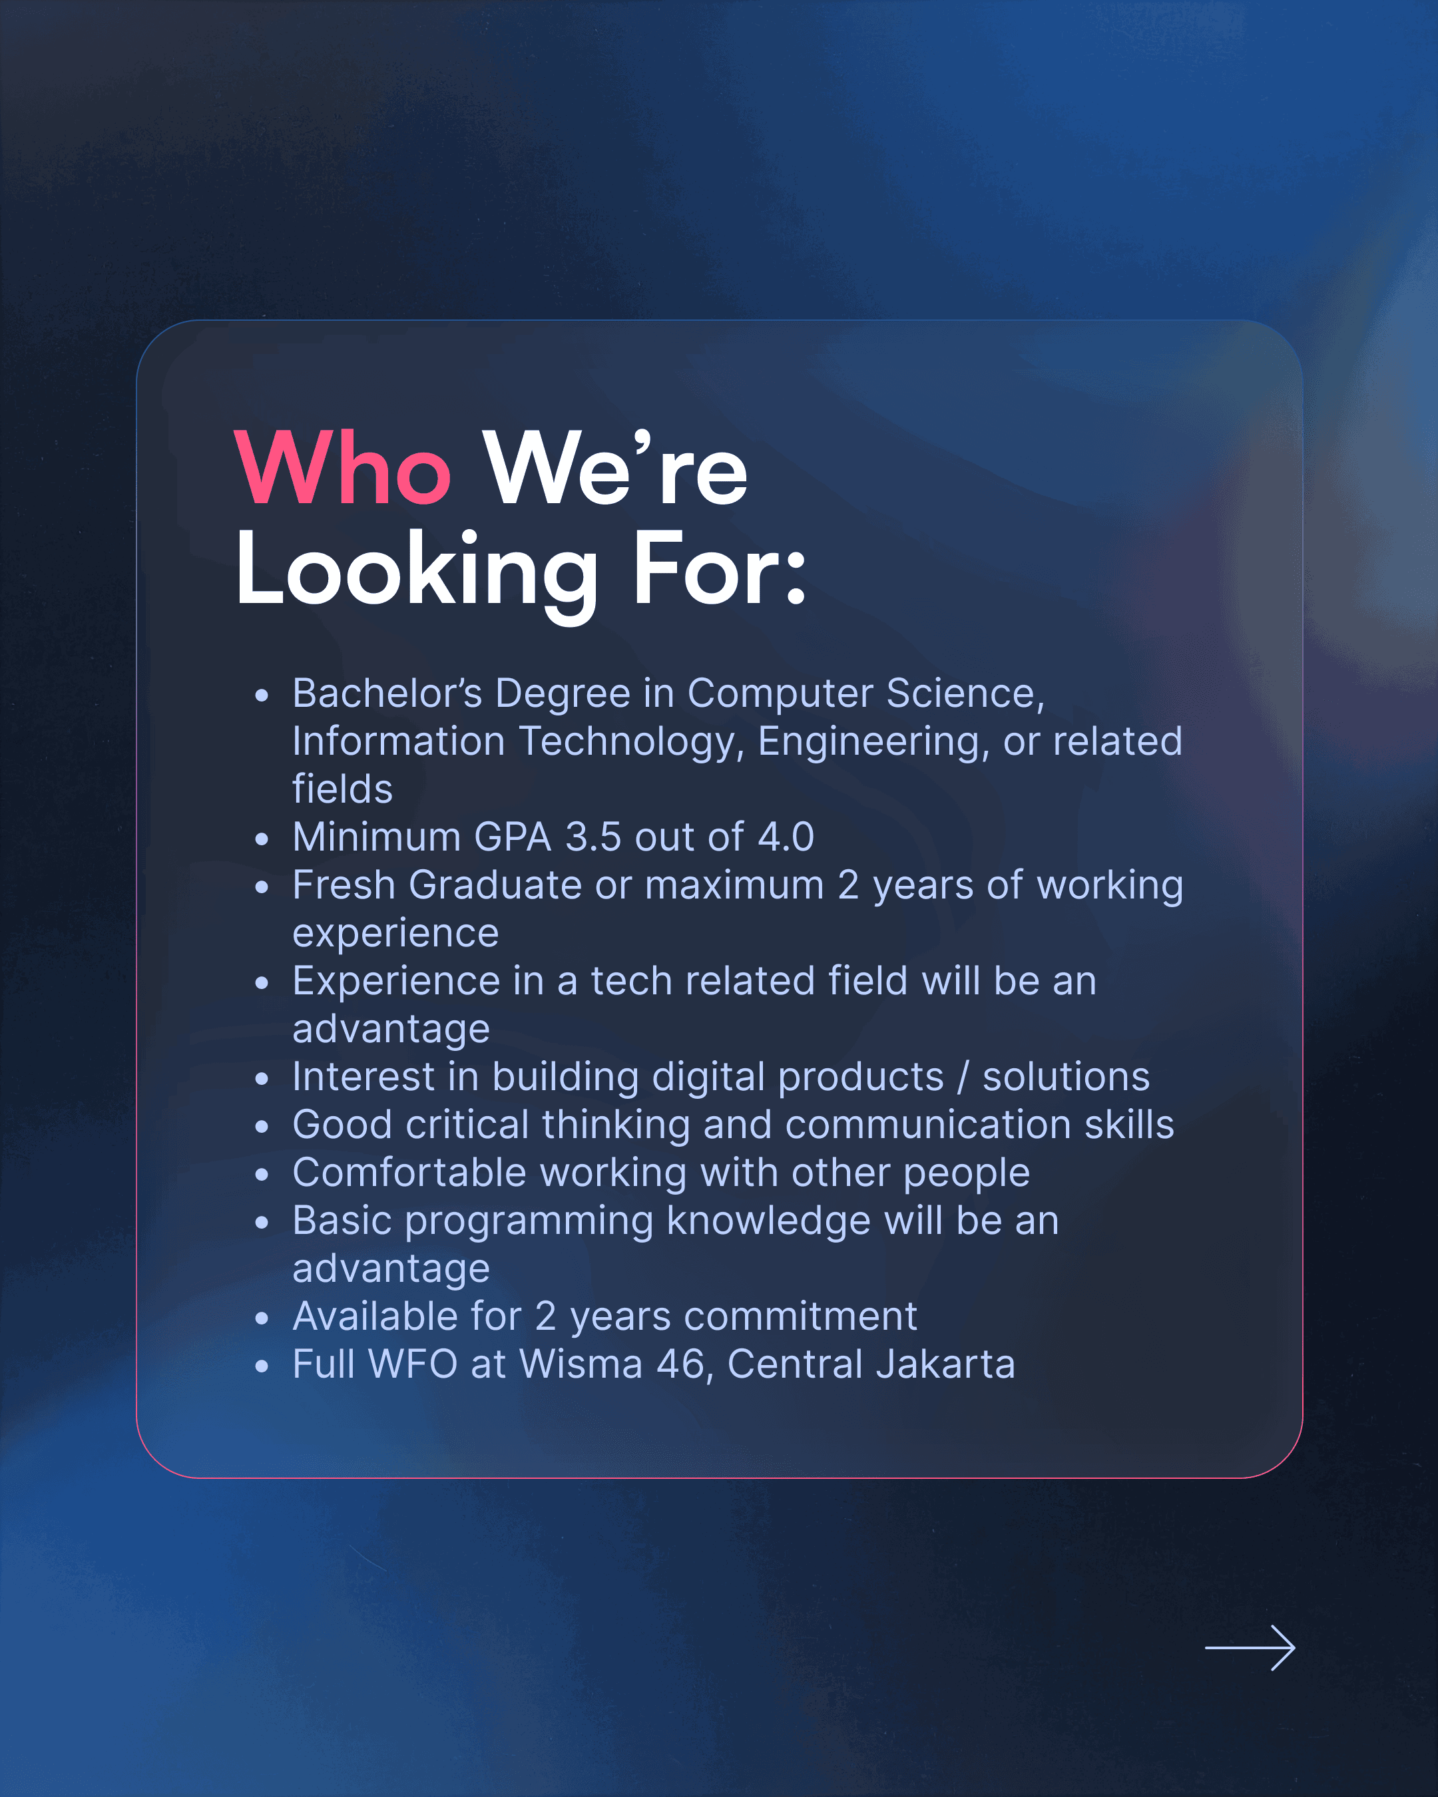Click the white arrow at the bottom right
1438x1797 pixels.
point(1250,1648)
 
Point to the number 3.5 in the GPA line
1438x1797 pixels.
point(593,837)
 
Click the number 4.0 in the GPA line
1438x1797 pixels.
point(786,837)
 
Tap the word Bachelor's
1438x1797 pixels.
point(387,694)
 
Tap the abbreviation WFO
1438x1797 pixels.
point(413,1364)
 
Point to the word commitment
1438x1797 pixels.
point(800,1317)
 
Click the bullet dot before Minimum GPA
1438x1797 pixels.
point(262,839)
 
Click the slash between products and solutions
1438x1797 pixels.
point(964,1077)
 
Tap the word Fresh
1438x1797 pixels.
point(344,885)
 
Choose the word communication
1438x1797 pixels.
point(929,1125)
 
